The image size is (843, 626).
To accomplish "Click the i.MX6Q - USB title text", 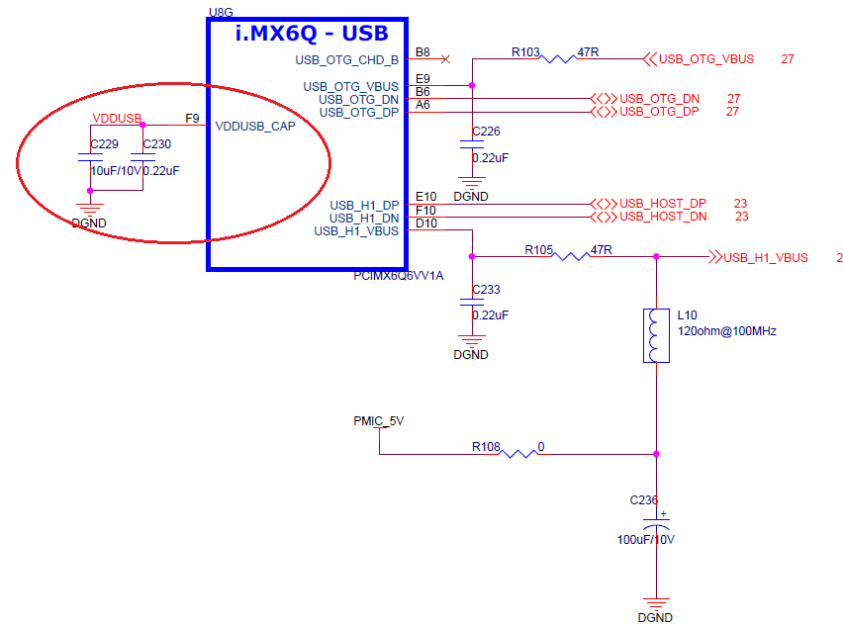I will [311, 34].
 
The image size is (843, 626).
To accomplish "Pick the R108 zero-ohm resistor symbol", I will [518, 454].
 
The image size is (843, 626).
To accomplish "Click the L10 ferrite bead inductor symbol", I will [652, 335].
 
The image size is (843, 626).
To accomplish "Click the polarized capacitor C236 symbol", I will [652, 521].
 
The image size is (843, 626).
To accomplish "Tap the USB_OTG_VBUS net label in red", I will [706, 59].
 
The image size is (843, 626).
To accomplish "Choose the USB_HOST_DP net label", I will [663, 204].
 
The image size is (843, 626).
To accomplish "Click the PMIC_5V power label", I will [378, 420].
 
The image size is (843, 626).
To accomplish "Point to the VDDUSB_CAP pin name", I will [255, 126].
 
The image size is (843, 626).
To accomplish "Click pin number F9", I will [193, 118].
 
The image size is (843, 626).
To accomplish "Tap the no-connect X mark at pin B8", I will [445, 59].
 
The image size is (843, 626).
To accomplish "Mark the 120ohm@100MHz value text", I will [726, 331].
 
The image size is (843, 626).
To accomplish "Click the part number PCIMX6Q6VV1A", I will [399, 276].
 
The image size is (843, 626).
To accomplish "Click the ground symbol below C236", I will [652, 602].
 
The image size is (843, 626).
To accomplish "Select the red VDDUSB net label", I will [117, 118].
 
